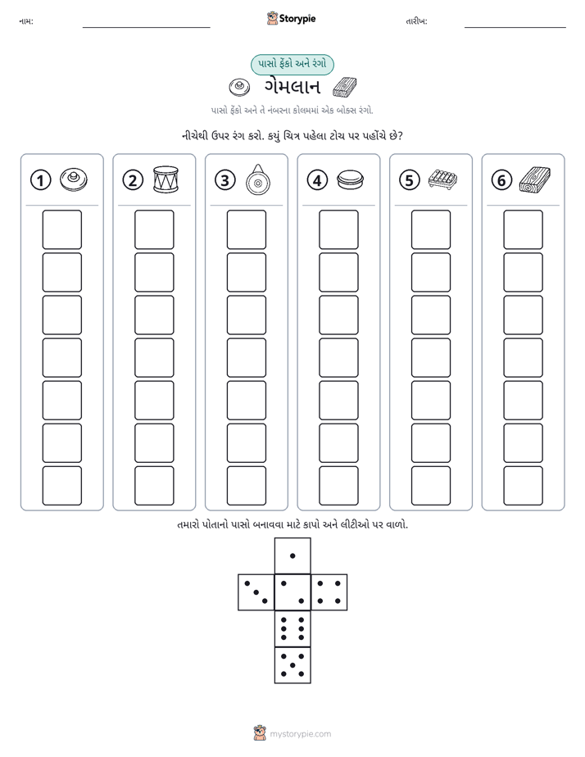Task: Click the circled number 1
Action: point(40,180)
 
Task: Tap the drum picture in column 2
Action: point(166,179)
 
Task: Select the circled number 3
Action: point(225,180)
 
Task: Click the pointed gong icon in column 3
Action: point(258,179)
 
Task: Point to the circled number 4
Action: point(317,180)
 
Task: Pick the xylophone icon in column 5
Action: point(442,179)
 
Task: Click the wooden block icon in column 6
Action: point(535,179)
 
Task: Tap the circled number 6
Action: point(501,180)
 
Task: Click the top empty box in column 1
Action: point(61,229)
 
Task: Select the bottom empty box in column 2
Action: point(154,486)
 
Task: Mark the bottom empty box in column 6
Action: point(523,486)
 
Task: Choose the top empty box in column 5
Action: point(430,229)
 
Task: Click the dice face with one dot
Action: point(292,555)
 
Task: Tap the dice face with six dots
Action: point(292,628)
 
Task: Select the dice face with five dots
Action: point(292,665)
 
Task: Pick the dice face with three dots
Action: point(256,592)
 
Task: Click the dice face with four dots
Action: point(329,592)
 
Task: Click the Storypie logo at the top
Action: point(291,18)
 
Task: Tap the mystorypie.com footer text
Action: point(300,734)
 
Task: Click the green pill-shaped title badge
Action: point(292,64)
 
